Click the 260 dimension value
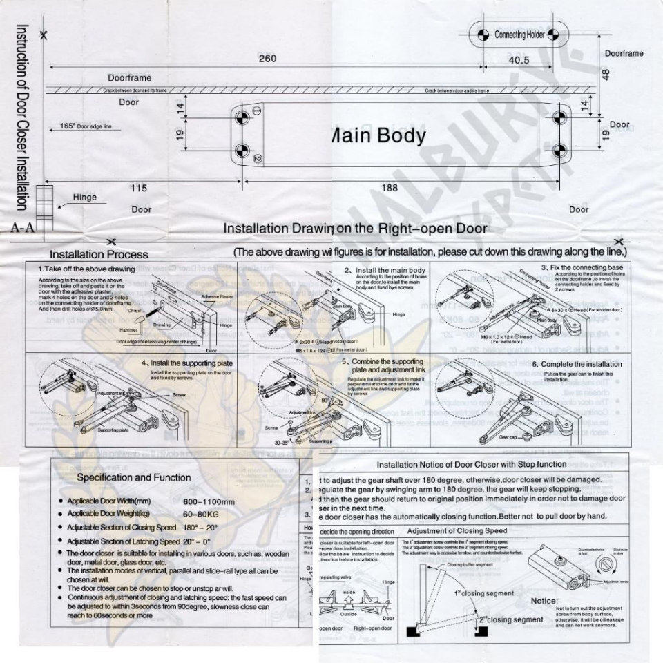267,59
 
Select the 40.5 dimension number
519,60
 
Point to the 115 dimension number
140,188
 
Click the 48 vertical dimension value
606,73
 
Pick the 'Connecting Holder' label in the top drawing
519,35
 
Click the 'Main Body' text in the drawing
379,135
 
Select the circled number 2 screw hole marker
257,159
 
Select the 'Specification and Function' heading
134,477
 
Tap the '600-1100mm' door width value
209,501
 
